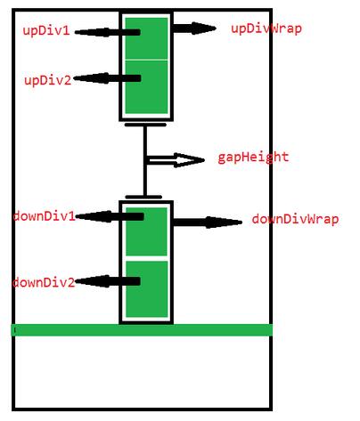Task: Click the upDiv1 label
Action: pyautogui.click(x=46, y=31)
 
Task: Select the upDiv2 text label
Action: pyautogui.click(x=48, y=80)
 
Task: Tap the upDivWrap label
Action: pyautogui.click(x=266, y=29)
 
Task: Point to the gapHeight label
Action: pyautogui.click(x=253, y=158)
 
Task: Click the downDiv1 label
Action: pyautogui.click(x=45, y=216)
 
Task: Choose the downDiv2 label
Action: pyautogui.click(x=44, y=282)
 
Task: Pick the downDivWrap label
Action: pyautogui.click(x=295, y=219)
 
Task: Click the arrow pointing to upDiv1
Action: pyautogui.click(x=108, y=32)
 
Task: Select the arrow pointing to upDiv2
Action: pyautogui.click(x=107, y=78)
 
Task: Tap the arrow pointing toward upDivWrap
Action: pyautogui.click(x=194, y=28)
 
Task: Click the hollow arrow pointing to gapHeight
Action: pyautogui.click(x=176, y=160)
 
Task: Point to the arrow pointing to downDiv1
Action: pyautogui.click(x=110, y=216)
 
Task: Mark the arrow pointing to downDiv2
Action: pyautogui.click(x=108, y=281)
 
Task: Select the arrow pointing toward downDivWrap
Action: pyautogui.click(x=208, y=223)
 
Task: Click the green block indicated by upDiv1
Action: pyautogui.click(x=146, y=38)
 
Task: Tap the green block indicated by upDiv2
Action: pyautogui.click(x=146, y=87)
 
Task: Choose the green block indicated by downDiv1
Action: pyautogui.click(x=146, y=231)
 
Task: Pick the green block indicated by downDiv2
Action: pyautogui.click(x=146, y=289)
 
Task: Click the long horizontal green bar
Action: pyautogui.click(x=142, y=330)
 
